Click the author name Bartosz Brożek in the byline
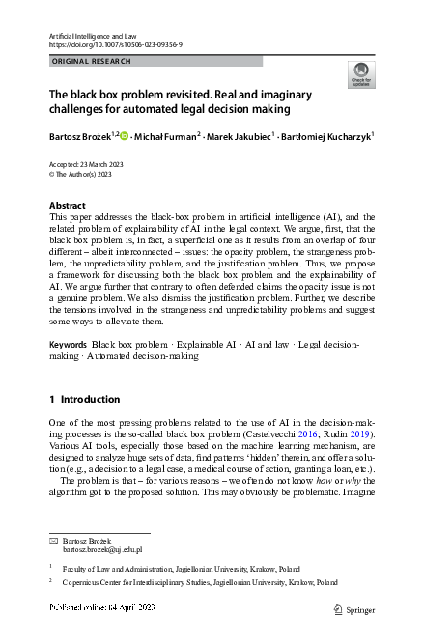81,138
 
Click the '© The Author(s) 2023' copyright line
83,175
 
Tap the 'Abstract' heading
68,206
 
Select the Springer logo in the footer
353,609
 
